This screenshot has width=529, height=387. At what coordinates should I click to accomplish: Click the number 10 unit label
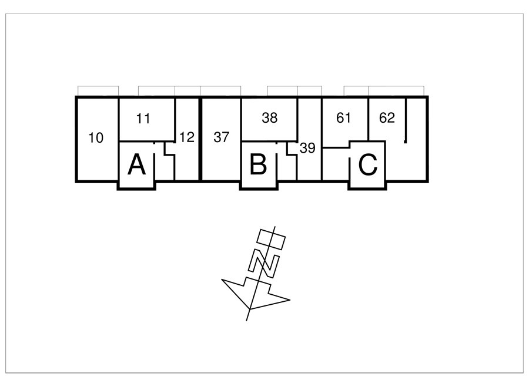point(96,138)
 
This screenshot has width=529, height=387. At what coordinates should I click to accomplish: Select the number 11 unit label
point(143,119)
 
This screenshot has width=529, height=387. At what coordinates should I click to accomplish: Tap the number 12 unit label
point(187,137)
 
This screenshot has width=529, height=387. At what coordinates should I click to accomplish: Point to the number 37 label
point(222,137)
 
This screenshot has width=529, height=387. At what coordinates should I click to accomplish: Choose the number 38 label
point(270,117)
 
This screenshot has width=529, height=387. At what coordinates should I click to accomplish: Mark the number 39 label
point(307,148)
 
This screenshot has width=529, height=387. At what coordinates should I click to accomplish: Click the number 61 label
point(343,117)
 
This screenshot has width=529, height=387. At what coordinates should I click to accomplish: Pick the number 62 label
point(387,117)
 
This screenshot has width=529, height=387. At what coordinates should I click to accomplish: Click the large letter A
point(136,164)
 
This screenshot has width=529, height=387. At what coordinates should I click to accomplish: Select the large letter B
point(258,164)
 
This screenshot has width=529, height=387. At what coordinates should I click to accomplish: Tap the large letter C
point(368,164)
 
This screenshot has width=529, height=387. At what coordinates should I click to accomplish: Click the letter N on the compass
point(263,263)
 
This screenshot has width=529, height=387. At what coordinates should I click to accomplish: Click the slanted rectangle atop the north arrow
point(271,239)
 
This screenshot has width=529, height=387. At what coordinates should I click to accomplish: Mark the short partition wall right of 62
point(406,120)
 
